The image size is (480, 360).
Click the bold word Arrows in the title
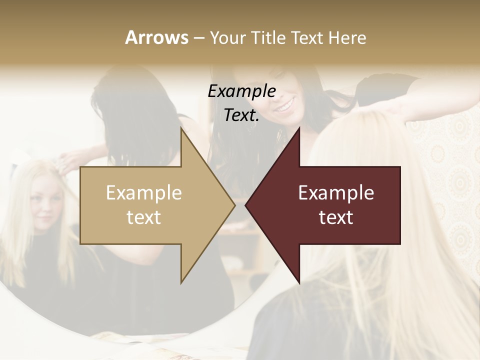coord(156,37)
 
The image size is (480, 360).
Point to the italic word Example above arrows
coord(242,91)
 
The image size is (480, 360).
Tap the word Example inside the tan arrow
coord(144,193)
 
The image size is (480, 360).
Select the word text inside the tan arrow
coord(144,217)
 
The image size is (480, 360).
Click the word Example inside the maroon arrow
coord(336,193)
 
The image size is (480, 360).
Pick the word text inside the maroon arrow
coord(336,217)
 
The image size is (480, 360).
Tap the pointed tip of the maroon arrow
coord(246,205)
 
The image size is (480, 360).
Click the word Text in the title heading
coord(306,37)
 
